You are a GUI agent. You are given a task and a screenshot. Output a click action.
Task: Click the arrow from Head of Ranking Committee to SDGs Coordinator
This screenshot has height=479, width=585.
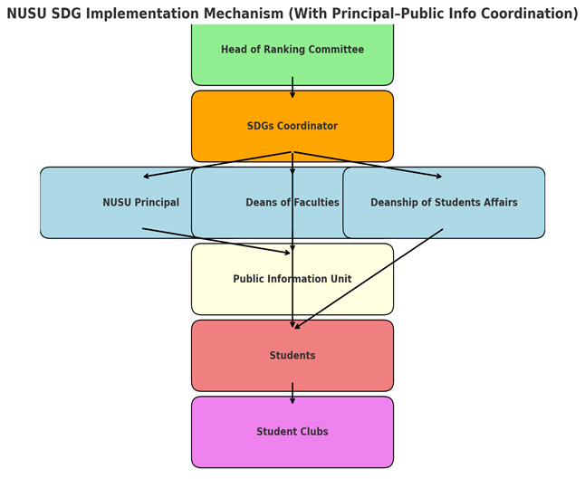[292, 88]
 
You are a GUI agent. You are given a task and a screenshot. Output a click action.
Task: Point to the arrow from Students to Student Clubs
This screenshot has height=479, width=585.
[292, 394]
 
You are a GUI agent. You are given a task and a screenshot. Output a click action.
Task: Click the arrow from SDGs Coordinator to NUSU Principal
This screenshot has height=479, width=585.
[217, 164]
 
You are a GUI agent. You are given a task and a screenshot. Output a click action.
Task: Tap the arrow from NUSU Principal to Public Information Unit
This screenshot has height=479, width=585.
[217, 241]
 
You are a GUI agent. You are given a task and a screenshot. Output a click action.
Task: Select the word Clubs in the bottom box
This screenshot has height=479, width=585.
[311, 432]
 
